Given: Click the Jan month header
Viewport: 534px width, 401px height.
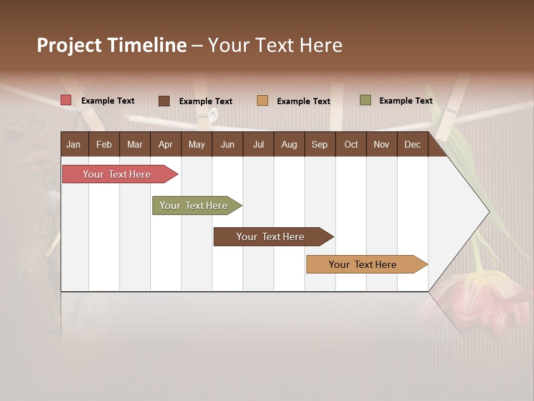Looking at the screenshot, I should [74, 144].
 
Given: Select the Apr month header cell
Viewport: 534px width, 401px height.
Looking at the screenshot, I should [166, 144].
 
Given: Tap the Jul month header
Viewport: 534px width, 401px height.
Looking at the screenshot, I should [258, 144].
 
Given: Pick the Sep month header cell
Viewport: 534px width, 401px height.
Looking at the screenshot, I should [320, 144].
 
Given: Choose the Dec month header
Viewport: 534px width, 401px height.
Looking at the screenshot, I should [412, 144].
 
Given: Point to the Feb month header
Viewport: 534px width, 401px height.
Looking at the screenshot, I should [104, 144].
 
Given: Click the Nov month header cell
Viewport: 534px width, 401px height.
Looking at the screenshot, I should [382, 144].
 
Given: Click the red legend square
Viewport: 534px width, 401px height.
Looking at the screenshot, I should [66, 100].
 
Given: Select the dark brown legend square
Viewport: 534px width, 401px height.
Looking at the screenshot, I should [164, 101].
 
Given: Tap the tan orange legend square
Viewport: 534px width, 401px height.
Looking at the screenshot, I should [263, 101].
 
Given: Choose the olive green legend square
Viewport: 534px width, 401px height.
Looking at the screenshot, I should [365, 100].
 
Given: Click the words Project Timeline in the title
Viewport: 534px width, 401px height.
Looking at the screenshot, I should [112, 45].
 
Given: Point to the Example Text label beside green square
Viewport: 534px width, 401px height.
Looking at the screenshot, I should [406, 101].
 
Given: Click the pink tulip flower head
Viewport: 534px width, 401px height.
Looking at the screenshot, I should [478, 301].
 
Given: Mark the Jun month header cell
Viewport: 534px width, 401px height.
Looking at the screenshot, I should [228, 144].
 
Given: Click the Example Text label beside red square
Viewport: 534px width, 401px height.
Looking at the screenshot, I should [108, 101].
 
